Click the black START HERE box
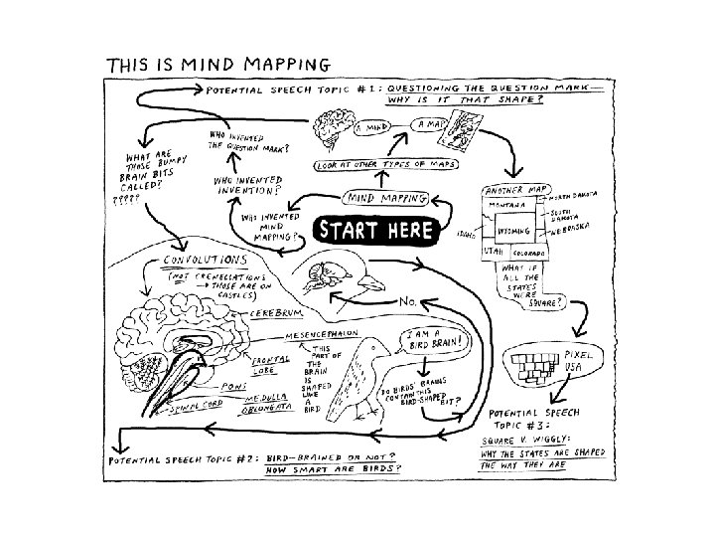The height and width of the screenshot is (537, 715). pyautogui.click(x=375, y=230)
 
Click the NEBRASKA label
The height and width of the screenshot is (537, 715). pyautogui.click(x=569, y=228)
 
